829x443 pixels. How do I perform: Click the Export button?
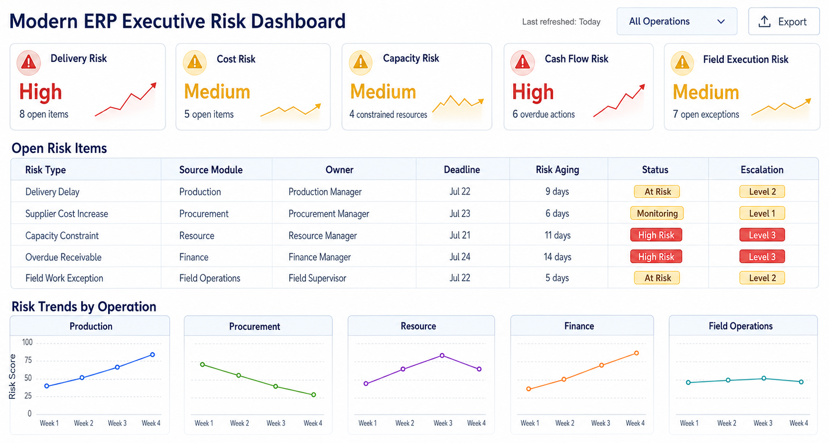(783, 21)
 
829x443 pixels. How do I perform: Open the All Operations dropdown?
(676, 21)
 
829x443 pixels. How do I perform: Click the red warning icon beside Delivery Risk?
(28, 62)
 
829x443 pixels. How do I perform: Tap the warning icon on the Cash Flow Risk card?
(523, 62)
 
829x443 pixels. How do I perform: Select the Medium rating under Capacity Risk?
(383, 91)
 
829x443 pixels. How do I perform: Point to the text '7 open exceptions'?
(706, 114)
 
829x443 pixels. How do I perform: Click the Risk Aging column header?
(557, 170)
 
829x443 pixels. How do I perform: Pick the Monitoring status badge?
(657, 213)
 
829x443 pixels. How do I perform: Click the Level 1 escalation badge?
(762, 213)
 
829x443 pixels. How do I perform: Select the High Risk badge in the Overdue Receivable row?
(656, 256)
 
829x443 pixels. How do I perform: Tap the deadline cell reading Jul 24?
(460, 256)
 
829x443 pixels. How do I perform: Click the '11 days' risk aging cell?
(557, 235)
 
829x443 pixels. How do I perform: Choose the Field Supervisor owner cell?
(317, 278)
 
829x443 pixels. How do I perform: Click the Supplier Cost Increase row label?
(66, 214)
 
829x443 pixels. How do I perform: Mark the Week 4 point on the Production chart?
(153, 355)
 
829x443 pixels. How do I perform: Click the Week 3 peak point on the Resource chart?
(442, 356)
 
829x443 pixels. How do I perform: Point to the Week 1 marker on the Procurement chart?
(202, 365)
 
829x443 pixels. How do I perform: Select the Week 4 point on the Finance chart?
(637, 353)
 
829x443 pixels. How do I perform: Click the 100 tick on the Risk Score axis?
(27, 342)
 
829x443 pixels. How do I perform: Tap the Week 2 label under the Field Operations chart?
(727, 423)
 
